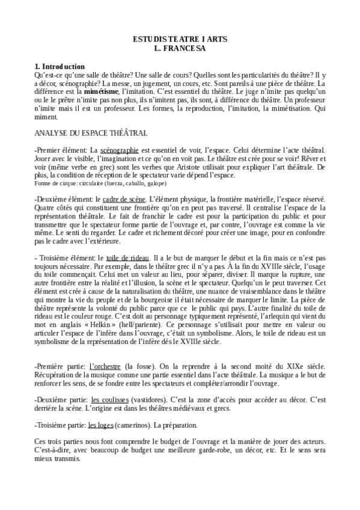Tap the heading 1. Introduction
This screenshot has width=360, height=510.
tap(59, 66)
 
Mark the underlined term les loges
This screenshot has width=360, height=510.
tap(100, 425)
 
